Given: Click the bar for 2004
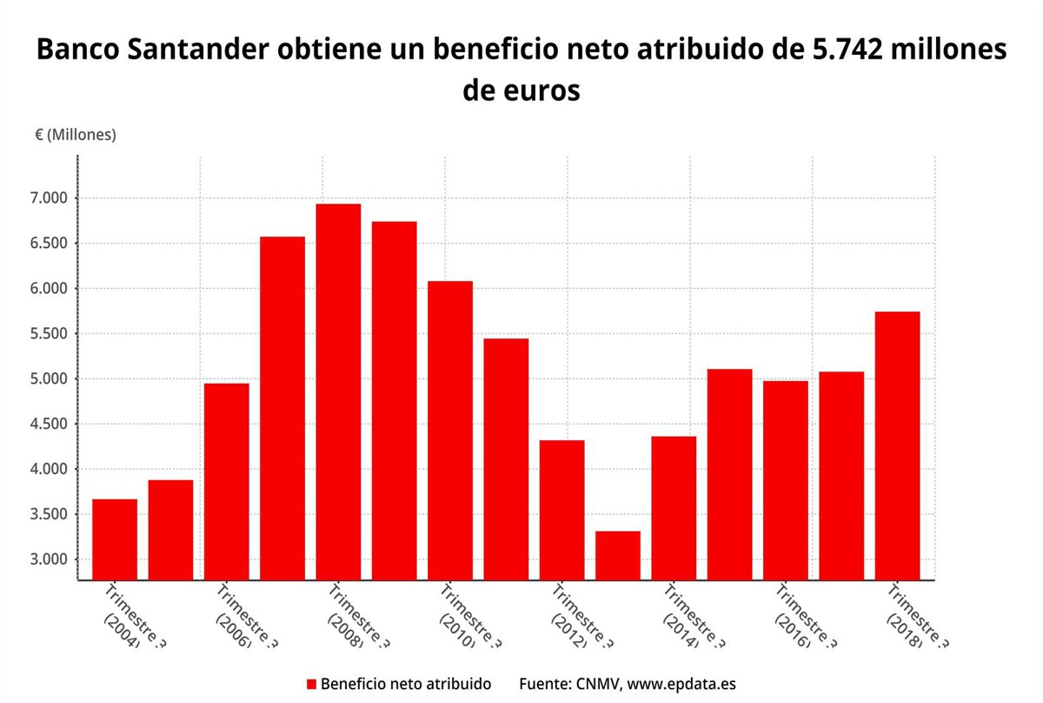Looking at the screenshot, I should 115,539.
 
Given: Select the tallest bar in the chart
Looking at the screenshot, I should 338,392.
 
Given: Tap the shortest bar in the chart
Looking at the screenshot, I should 618,555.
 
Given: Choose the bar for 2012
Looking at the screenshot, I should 561,510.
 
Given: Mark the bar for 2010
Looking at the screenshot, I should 450,430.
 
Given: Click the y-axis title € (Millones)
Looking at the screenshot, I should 75,135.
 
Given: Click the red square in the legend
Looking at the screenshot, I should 312,685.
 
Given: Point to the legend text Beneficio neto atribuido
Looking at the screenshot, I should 406,685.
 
